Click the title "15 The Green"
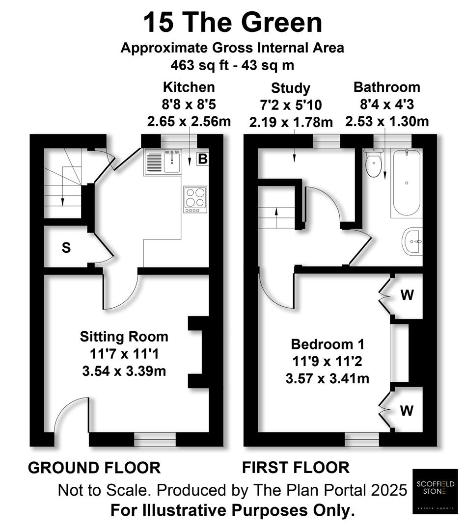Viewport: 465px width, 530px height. click(x=233, y=23)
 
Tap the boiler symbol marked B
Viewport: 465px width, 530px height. click(x=202, y=159)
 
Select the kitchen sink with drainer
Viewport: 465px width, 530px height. click(x=163, y=162)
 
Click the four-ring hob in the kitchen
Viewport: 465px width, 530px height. click(x=195, y=199)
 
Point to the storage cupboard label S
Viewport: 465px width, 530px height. click(x=66, y=248)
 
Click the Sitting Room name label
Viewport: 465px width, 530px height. click(x=124, y=337)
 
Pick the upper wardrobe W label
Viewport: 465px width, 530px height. click(x=407, y=295)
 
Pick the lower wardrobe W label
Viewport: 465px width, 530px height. click(x=407, y=410)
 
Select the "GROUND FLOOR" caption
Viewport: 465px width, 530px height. click(x=94, y=468)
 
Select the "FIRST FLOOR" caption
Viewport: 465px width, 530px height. click(x=296, y=468)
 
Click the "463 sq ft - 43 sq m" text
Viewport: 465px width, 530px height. click(x=233, y=64)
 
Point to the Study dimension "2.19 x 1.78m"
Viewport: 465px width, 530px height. click(x=291, y=122)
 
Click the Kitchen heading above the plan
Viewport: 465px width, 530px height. click(x=189, y=87)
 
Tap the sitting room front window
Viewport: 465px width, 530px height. click(x=155, y=440)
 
